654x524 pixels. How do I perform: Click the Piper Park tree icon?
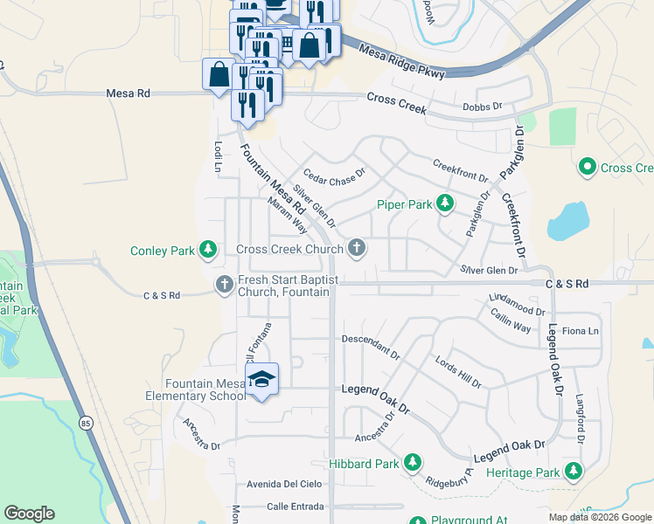(x=445, y=204)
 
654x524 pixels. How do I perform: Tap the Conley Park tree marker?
(x=207, y=251)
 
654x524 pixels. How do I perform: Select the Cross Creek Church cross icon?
(x=356, y=249)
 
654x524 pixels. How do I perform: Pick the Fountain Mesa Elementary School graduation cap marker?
(x=261, y=379)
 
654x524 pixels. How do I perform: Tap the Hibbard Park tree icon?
(x=412, y=463)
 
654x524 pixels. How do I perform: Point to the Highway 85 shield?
(x=85, y=424)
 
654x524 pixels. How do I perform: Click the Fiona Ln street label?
(x=581, y=331)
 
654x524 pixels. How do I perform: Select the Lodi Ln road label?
(x=218, y=155)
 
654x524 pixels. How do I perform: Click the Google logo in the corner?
(x=29, y=514)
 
